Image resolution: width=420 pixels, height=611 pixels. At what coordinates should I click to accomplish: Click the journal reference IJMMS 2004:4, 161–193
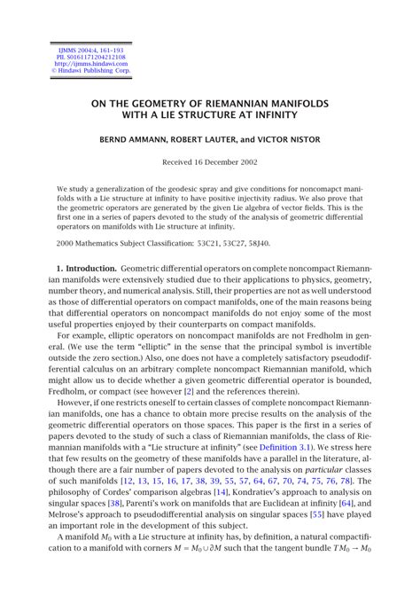(x=78, y=50)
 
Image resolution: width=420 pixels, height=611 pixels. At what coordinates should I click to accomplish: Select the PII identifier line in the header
(x=78, y=57)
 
